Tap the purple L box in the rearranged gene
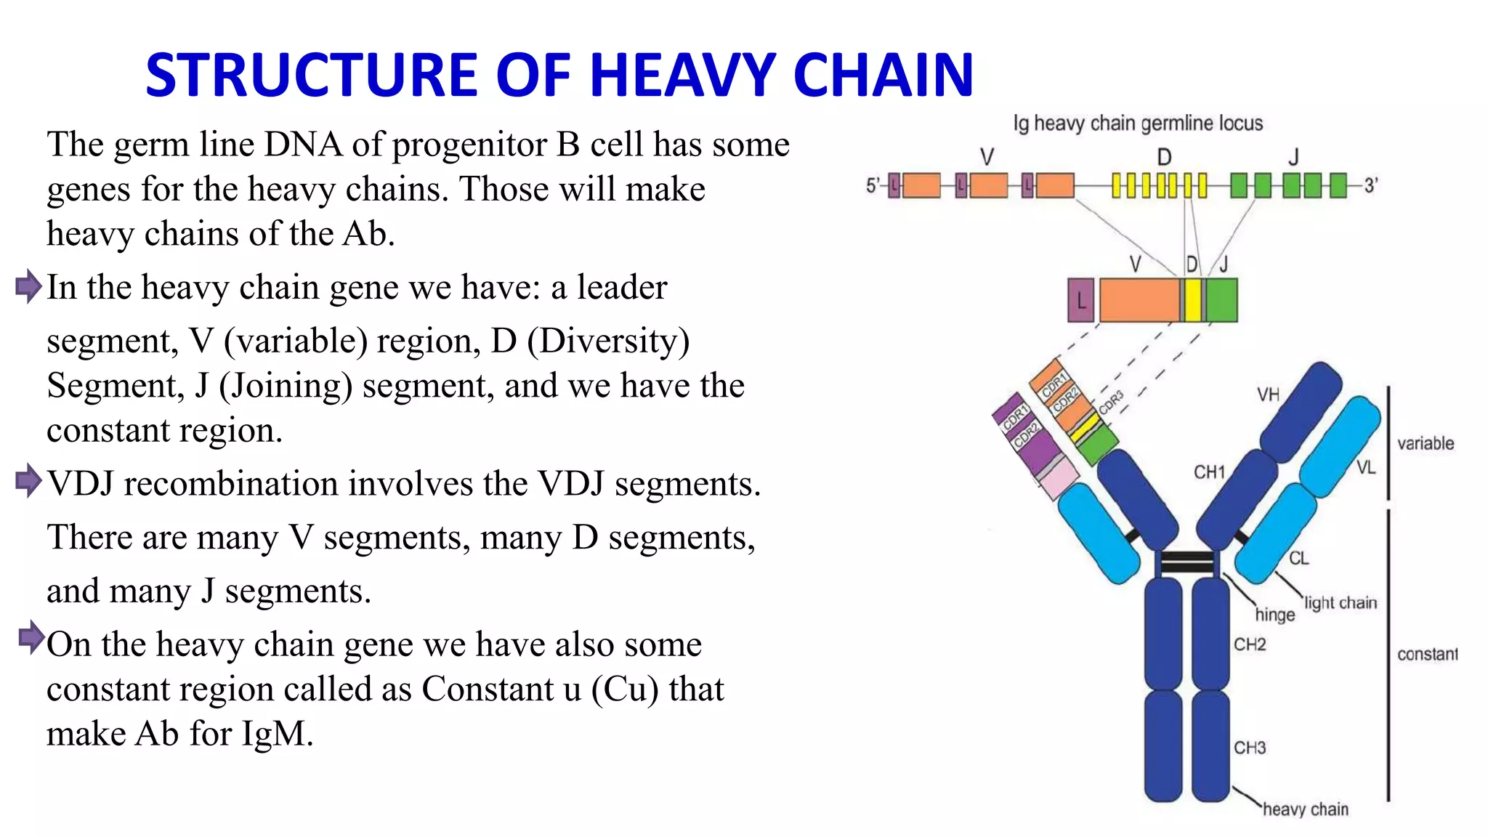(x=1081, y=300)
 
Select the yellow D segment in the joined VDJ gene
(x=1192, y=300)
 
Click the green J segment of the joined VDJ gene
(x=1222, y=300)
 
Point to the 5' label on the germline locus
(x=873, y=186)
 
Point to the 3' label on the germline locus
(x=1370, y=186)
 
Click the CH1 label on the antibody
(x=1209, y=472)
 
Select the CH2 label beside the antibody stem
(x=1250, y=644)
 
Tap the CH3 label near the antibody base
(x=1250, y=748)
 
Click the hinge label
(x=1274, y=615)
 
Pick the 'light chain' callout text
(x=1340, y=602)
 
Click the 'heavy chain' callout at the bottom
(x=1305, y=809)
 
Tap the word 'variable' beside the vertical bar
(x=1426, y=443)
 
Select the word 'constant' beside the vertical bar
(x=1427, y=654)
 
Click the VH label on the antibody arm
(x=1268, y=395)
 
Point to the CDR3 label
(x=1111, y=403)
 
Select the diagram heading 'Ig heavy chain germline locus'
(x=1138, y=124)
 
